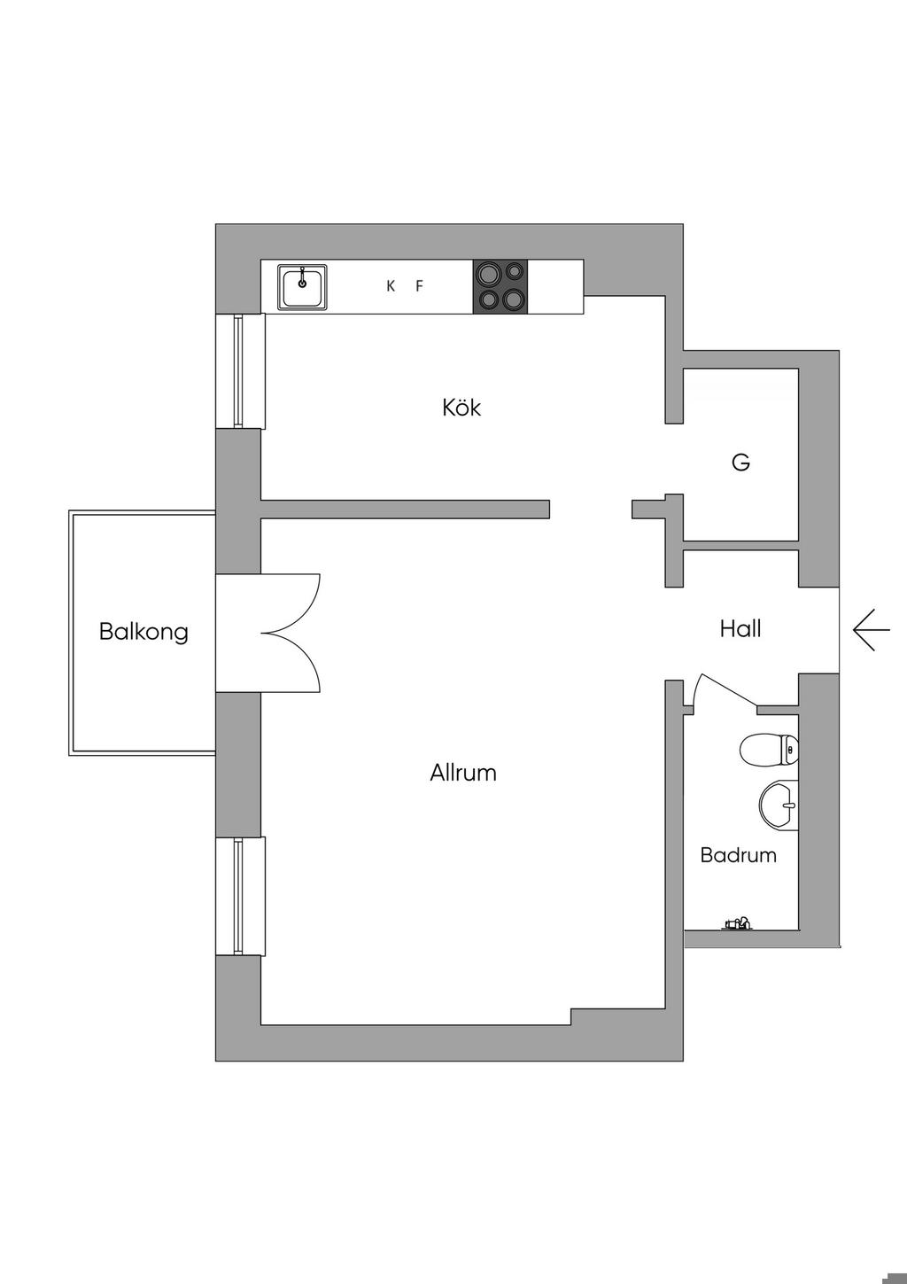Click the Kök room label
[x=461, y=408]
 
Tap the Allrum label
[x=462, y=773]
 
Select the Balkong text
[x=143, y=632]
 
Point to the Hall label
[x=740, y=629]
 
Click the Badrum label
[x=738, y=855]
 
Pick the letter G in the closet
[x=741, y=462]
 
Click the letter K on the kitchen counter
[x=391, y=286]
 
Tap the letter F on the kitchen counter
[x=420, y=286]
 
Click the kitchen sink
[x=303, y=287]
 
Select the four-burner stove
[x=500, y=286]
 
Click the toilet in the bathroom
[x=769, y=750]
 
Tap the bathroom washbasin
[x=779, y=805]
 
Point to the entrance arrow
[x=871, y=630]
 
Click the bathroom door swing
[x=722, y=691]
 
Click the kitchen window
[x=239, y=370]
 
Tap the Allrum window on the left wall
[x=239, y=896]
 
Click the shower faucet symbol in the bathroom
[x=737, y=924]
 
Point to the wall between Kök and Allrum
[x=405, y=509]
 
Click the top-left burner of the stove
[x=487, y=274]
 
